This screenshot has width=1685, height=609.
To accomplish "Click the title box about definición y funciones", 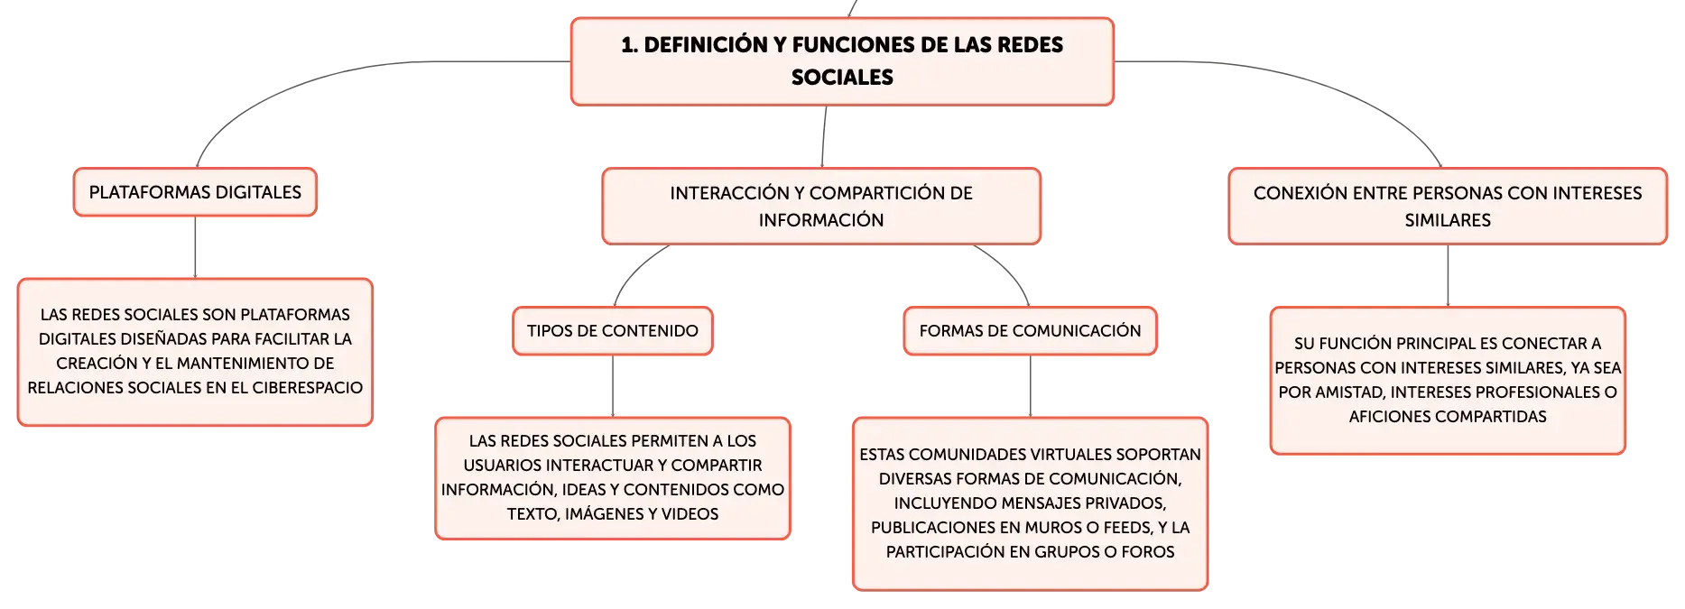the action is pos(842,61).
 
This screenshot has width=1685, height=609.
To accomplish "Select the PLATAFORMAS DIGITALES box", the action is pos(195,192).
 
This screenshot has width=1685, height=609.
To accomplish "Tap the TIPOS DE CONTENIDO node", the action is pos(613,331).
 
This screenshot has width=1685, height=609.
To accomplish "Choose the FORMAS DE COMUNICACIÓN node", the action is pos(1030,331).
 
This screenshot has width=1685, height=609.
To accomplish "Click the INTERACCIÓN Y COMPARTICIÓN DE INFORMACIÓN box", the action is pos(821,206).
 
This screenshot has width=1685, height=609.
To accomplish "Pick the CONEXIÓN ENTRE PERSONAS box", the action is pos(1448,206).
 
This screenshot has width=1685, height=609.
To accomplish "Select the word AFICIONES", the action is pos(1388,417).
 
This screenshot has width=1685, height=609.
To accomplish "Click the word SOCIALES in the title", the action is pos(842,78).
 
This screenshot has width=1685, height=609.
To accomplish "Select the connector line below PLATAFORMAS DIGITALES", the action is pos(195,248).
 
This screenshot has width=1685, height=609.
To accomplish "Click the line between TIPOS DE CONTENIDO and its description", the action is pos(613,386).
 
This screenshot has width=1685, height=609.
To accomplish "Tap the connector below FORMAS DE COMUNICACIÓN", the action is pos(1030,386).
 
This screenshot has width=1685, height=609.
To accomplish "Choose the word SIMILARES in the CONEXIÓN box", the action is pos(1448,220).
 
